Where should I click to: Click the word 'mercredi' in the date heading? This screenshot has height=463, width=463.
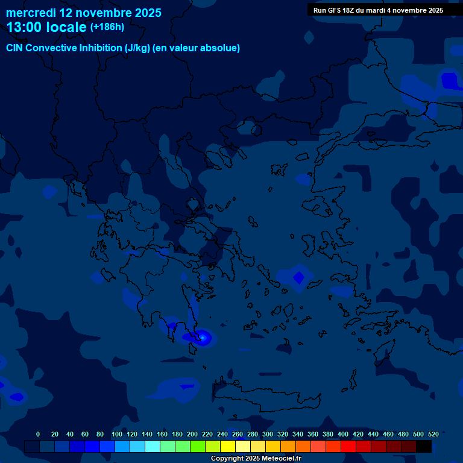click(x=31, y=13)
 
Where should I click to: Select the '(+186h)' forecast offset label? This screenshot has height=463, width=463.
click(x=107, y=27)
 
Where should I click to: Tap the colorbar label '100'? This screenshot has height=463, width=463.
click(x=116, y=434)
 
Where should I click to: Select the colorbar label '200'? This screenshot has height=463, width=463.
click(x=192, y=434)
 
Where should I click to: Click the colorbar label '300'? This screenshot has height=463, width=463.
click(x=268, y=434)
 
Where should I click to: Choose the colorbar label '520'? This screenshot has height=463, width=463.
click(x=433, y=434)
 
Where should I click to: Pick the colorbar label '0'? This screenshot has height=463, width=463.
click(x=38, y=434)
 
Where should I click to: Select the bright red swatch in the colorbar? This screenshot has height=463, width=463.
click(x=348, y=447)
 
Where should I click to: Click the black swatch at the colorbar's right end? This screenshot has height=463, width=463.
click(x=424, y=447)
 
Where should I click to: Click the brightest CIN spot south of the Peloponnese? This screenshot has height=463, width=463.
click(x=204, y=338)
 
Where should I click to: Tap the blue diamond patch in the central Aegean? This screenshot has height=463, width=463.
click(x=298, y=277)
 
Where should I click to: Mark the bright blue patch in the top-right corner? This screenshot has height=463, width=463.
click(x=449, y=80)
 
